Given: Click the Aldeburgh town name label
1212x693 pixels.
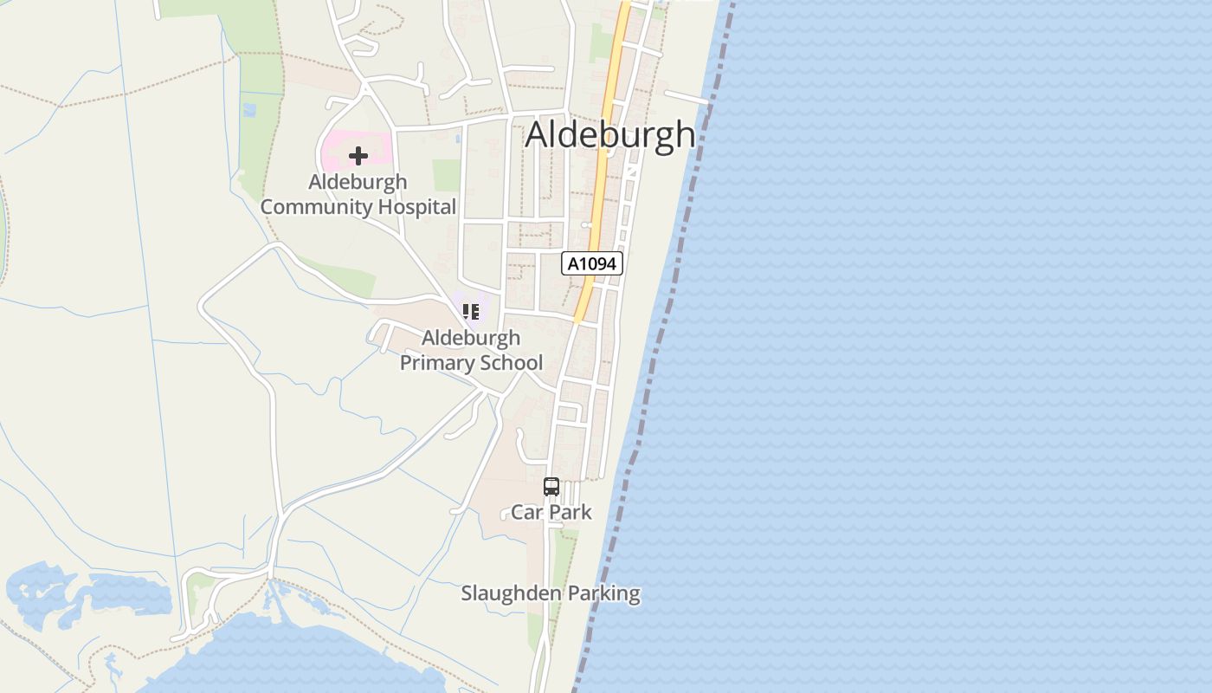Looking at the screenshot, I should (x=609, y=135).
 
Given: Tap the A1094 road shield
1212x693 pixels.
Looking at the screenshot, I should (x=592, y=263).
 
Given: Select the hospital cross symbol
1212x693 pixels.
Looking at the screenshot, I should (x=358, y=156).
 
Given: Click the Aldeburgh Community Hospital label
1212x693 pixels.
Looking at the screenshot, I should (x=358, y=195).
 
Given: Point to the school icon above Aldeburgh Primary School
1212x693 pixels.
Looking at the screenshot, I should (x=471, y=311).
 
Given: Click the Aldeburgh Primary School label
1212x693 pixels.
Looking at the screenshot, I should (x=471, y=350).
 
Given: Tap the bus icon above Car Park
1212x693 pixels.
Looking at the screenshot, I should (x=551, y=487).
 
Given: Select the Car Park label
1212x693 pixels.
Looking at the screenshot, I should (x=551, y=512).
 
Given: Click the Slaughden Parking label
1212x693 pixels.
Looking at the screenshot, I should (x=551, y=593).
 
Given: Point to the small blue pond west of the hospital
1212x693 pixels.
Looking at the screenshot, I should (x=250, y=110).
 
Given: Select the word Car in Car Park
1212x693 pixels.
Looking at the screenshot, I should (x=525, y=512).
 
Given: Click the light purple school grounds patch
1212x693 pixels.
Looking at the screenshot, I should (x=485, y=303).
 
